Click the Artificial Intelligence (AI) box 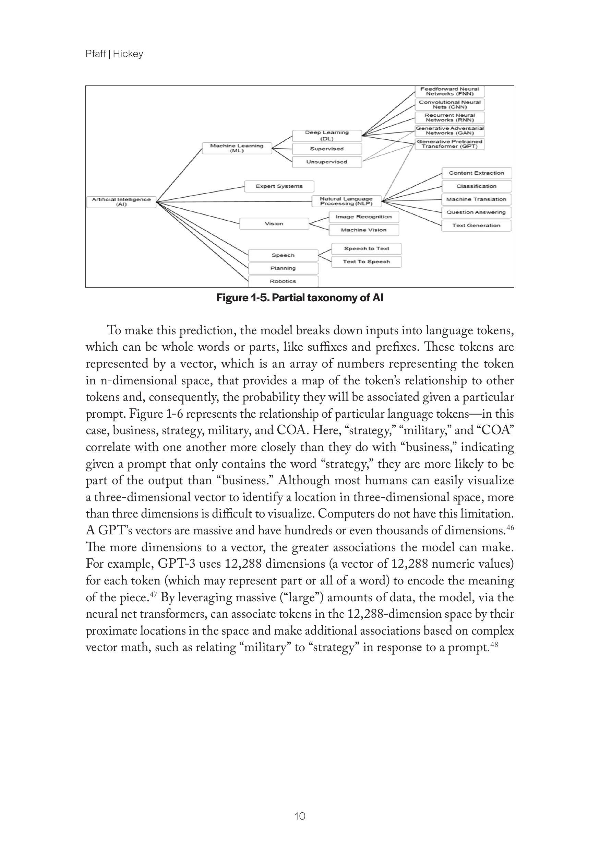[121, 202]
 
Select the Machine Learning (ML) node [237, 148]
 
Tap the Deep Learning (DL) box [327, 135]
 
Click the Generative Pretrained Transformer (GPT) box [449, 144]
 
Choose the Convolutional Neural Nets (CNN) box [449, 104]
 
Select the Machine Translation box [476, 199]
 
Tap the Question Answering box [476, 212]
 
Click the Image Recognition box [363, 217]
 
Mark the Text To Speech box [366, 262]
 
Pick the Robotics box [283, 281]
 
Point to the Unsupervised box [327, 162]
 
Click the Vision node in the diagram [274, 223]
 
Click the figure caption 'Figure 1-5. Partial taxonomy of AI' [300, 298]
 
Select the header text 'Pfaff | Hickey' [114, 54]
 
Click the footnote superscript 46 [509, 527]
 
